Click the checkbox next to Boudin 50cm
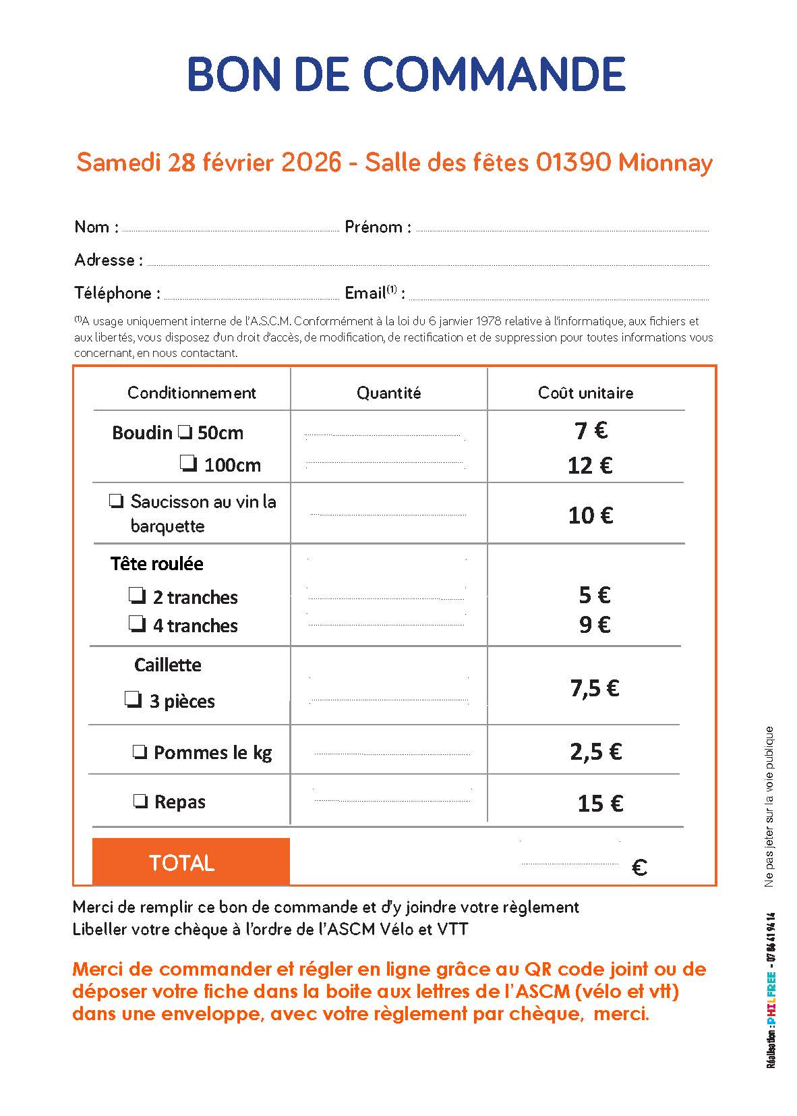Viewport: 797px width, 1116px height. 185,432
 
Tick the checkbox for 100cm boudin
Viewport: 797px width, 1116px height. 189,464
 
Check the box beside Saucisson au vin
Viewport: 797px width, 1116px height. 117,501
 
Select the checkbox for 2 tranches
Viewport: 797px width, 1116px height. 138,596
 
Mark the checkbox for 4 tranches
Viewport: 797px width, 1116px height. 138,624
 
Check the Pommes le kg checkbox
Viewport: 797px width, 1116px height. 140,752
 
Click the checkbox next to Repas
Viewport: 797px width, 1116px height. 141,802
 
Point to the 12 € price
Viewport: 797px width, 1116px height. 590,466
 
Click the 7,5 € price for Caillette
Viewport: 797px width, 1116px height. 595,688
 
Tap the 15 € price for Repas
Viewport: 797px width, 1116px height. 600,803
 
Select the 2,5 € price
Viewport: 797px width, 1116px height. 595,752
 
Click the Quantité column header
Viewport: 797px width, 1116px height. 388,393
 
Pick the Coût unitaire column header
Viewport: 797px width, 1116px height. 585,393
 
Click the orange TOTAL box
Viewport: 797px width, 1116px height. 191,862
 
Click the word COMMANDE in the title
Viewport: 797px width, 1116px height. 494,74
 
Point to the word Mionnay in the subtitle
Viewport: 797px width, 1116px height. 665,163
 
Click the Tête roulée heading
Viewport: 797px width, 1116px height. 156,563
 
